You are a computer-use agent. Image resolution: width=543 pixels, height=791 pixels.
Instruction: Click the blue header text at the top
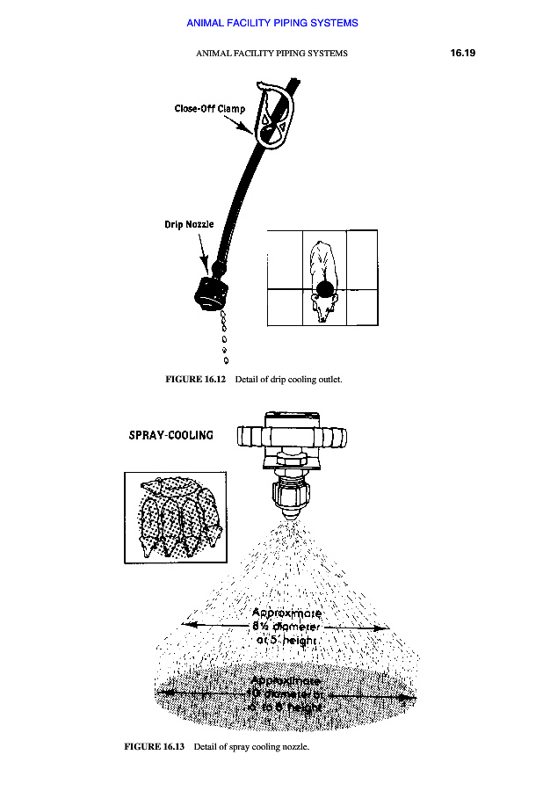[x=272, y=23]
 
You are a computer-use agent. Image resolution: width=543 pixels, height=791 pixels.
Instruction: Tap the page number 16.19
[x=462, y=53]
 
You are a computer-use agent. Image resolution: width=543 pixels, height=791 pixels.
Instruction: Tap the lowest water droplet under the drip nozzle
[x=227, y=360]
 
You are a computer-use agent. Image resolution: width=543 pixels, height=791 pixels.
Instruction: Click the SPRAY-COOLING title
[x=170, y=435]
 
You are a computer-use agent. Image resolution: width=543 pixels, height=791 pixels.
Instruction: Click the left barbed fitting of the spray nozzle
[x=249, y=435]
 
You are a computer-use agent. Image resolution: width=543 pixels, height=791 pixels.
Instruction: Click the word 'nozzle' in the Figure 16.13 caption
[x=294, y=748]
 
